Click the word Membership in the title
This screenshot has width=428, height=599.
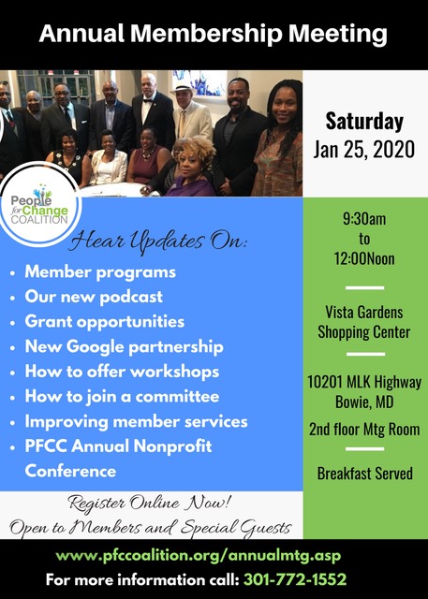pos(208,34)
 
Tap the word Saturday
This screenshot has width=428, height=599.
pos(364,121)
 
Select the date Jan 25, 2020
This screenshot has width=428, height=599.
pos(363,150)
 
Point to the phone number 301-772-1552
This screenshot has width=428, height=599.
pos(295,579)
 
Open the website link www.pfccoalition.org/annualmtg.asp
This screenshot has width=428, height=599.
pos(198,555)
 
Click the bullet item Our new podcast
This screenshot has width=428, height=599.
pos(94,297)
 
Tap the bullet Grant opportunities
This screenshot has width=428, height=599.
pos(104,322)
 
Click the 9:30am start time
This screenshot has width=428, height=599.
pos(364,219)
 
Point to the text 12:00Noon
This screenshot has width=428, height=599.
pos(364,258)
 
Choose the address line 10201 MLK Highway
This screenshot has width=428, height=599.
pos(364,382)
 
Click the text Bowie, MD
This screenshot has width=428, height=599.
pos(364,402)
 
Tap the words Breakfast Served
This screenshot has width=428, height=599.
pos(365,474)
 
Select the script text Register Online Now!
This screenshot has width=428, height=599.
pos(150,503)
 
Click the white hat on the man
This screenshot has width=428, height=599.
pos(184,87)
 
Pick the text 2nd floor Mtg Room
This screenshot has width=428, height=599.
pos(364,430)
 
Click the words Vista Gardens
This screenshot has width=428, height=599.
pos(364,313)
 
